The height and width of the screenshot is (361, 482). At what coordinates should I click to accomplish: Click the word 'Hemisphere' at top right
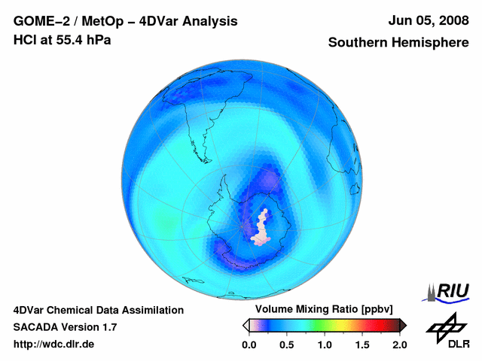(x=431, y=43)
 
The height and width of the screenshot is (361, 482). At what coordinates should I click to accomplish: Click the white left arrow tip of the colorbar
(x=245, y=325)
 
